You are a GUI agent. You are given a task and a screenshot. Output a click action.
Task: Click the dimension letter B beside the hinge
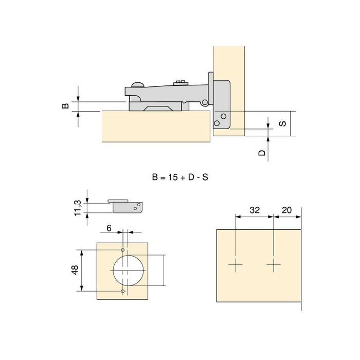(x=65, y=106)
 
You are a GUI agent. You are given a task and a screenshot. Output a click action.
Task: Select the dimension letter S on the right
(x=282, y=123)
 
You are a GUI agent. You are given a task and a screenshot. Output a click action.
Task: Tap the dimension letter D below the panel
(x=261, y=153)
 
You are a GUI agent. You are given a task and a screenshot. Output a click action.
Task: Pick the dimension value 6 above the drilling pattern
(x=109, y=226)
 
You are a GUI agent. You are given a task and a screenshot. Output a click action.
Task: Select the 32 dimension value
(x=254, y=210)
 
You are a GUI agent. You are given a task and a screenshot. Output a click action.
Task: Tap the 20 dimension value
(x=286, y=210)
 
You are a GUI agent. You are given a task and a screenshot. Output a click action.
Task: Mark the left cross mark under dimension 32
(x=236, y=266)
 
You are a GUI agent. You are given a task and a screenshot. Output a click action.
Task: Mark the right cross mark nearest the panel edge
(x=274, y=266)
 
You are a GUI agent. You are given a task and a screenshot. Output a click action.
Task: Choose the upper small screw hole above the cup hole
(x=122, y=249)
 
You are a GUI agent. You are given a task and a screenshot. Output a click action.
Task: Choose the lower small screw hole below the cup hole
(x=122, y=292)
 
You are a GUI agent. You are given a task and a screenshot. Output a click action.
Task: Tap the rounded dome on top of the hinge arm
(x=138, y=84)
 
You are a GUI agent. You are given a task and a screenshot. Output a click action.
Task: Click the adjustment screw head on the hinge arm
(x=179, y=82)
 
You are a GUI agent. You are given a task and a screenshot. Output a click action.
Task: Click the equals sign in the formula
(x=161, y=177)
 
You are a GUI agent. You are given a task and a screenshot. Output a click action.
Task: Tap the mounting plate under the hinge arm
(x=159, y=107)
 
